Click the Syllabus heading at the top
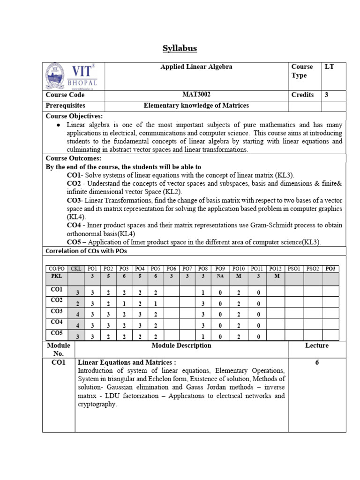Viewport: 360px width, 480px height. [180, 48]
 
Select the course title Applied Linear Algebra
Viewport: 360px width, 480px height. [196, 67]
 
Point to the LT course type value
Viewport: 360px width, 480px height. [329, 67]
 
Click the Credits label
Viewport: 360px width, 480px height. [302, 95]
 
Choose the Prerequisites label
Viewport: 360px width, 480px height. [65, 106]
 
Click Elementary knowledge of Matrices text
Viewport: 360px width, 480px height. [196, 106]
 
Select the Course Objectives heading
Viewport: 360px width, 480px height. [74, 116]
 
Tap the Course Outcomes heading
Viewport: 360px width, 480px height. [73, 158]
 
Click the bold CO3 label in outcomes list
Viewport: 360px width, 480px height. [75, 200]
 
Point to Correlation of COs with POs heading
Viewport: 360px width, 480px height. [86, 251]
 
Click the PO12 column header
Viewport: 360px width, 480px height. [275, 269]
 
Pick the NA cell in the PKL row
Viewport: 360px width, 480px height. [219, 277]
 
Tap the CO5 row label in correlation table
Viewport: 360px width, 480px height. [56, 333]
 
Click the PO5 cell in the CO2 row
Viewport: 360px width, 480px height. [156, 304]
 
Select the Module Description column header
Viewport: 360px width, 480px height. [181, 345]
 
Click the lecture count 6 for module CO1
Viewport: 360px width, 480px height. [317, 362]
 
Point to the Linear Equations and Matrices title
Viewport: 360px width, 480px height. [127, 362]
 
